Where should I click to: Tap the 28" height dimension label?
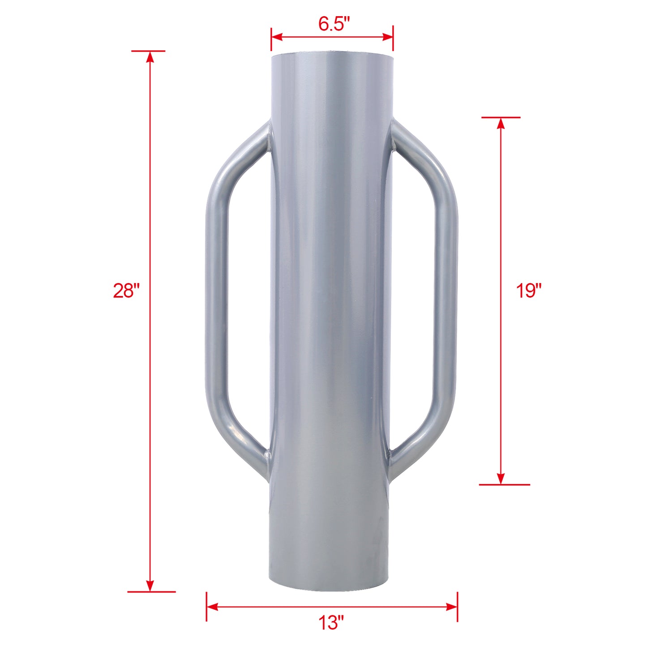coord(126,291)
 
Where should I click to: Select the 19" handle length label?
coord(529,291)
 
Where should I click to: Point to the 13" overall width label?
coord(331,623)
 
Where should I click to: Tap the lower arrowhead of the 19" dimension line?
coord(501,479)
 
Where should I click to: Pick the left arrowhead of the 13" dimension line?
coord(212,607)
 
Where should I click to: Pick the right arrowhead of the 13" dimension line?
coord(451,607)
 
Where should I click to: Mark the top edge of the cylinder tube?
coord(332,53)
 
